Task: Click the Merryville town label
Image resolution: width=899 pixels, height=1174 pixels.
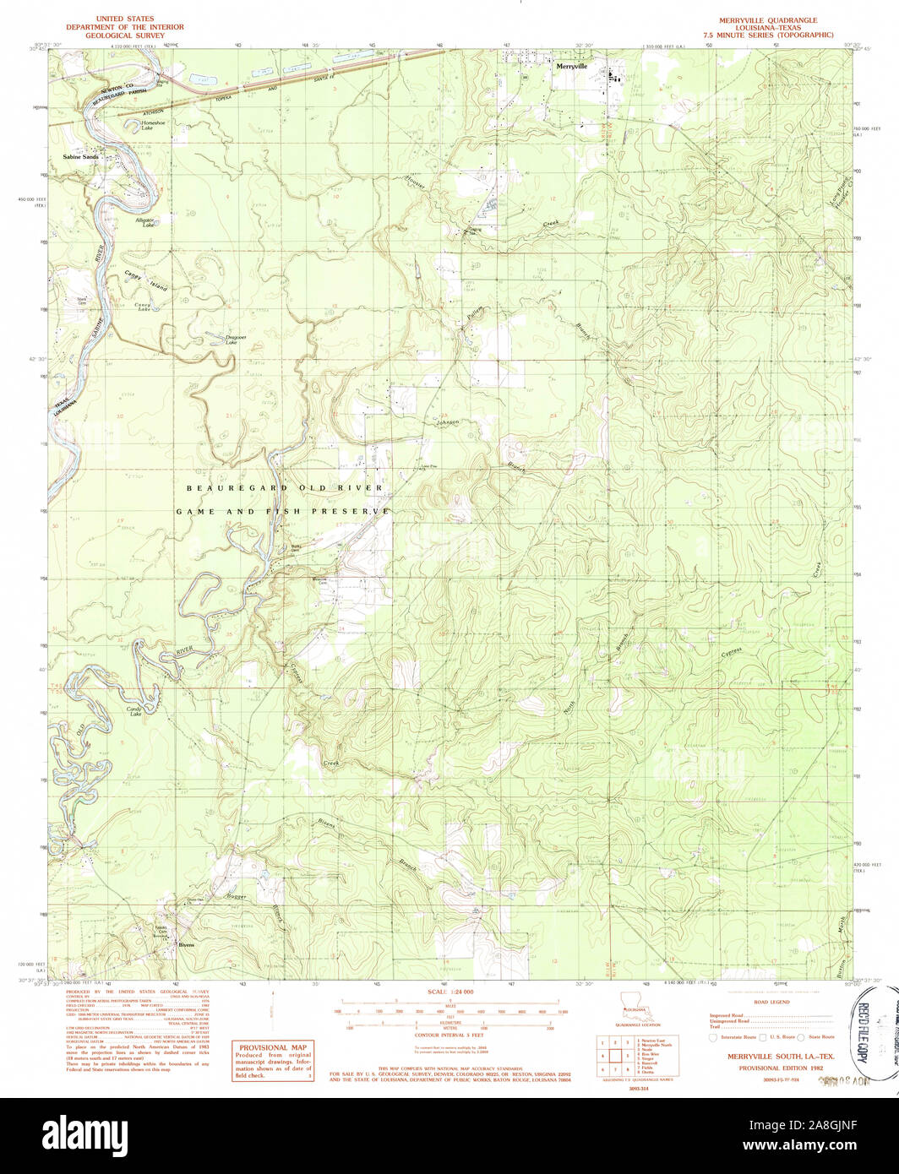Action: [x=570, y=66]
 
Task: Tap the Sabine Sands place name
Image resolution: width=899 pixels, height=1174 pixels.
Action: [x=80, y=157]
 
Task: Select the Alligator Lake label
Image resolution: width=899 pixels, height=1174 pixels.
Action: [x=146, y=223]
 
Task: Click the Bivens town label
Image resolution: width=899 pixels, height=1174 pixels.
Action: [x=186, y=945]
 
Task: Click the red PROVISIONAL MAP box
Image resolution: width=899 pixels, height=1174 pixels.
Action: [x=273, y=1061]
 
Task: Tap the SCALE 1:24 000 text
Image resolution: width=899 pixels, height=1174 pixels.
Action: [x=449, y=991]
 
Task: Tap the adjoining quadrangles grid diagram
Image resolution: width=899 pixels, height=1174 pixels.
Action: [x=615, y=1055]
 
